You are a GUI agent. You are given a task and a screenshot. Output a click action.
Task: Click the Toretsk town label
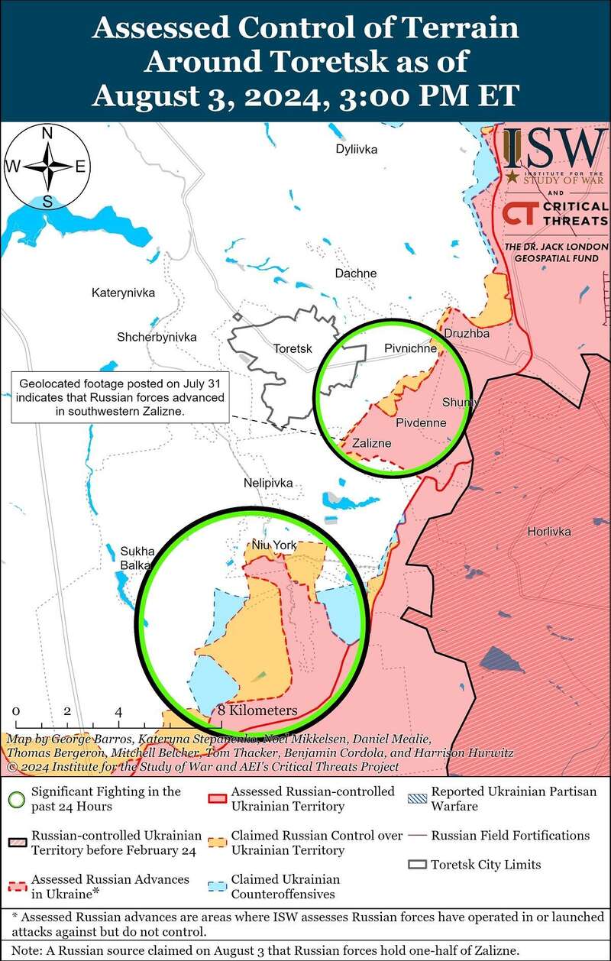point(293,349)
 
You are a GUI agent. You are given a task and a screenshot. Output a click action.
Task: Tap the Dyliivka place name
point(357,149)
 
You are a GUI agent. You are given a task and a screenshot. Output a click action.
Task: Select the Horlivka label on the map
point(548,532)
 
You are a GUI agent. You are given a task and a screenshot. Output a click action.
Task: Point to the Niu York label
point(274,545)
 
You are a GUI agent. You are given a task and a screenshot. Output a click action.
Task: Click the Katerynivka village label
point(123,293)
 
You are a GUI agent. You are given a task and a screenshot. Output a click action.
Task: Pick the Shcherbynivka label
point(157,337)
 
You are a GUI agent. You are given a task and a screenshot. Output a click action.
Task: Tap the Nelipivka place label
point(268,483)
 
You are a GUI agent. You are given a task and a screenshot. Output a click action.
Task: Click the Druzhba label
point(467,333)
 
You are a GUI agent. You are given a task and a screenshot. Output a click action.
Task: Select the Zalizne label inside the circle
point(371,443)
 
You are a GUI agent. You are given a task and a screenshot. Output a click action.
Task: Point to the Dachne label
point(356,273)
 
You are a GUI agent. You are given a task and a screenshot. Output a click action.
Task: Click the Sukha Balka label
point(137,558)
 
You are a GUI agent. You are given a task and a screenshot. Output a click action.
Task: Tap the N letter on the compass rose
point(47,133)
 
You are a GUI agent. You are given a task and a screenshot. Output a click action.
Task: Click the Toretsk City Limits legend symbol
point(417,865)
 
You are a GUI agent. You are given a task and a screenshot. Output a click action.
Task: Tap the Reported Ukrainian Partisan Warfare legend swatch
point(417,798)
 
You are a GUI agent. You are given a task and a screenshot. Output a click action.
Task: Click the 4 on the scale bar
point(119,711)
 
